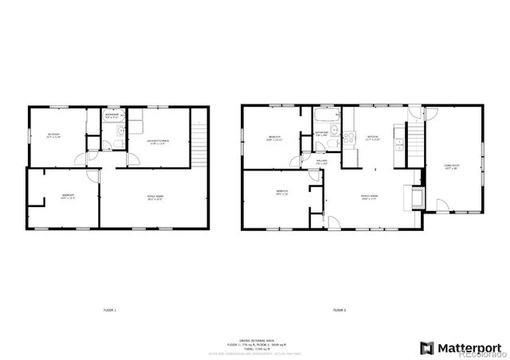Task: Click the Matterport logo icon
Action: [x=427, y=346]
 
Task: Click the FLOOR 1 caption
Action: [x=110, y=309]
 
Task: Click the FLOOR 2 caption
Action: [x=339, y=309]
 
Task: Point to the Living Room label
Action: [x=449, y=166]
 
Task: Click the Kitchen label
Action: [x=372, y=137]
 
